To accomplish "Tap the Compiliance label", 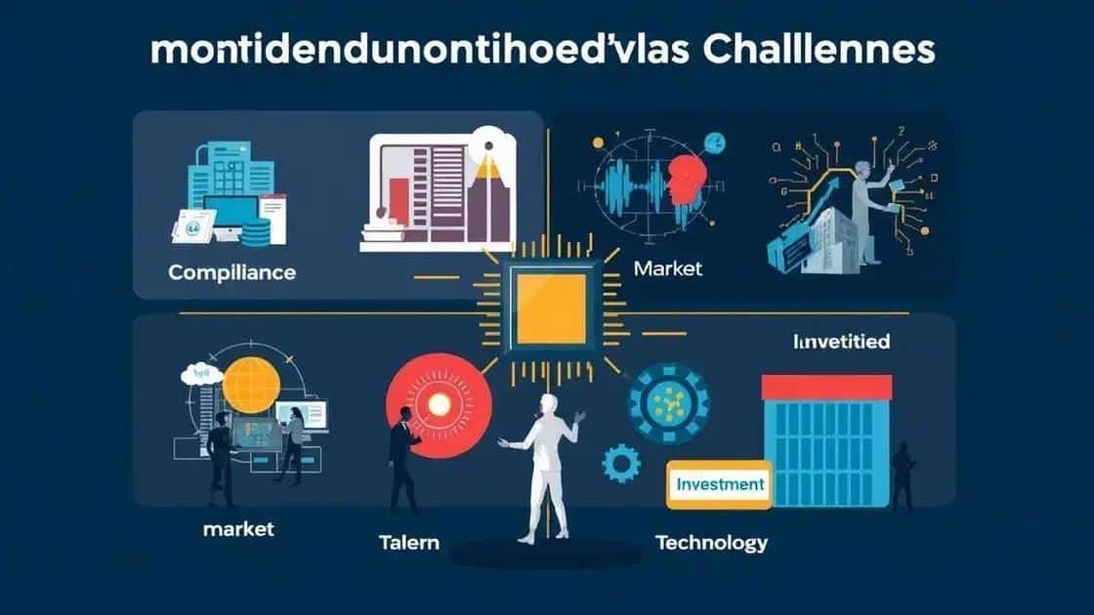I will click(x=231, y=272).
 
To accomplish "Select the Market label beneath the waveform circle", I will click(x=667, y=267).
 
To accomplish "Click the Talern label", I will click(x=408, y=543).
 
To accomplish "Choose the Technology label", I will click(x=711, y=543).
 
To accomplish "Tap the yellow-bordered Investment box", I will click(x=719, y=484).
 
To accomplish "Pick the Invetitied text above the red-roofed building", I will click(x=841, y=343).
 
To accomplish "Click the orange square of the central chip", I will click(x=551, y=309).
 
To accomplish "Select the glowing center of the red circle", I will click(x=436, y=404).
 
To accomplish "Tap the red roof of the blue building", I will click(x=825, y=387).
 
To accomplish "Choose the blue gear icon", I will click(x=620, y=463).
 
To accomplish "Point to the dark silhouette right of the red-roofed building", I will click(x=903, y=474).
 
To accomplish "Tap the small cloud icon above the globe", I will click(x=201, y=372).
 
